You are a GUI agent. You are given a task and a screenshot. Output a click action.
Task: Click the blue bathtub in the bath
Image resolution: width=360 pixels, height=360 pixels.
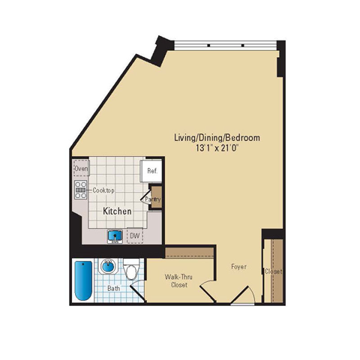(x=83, y=280)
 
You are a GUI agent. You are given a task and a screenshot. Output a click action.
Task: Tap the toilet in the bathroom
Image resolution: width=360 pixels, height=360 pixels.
(x=131, y=269)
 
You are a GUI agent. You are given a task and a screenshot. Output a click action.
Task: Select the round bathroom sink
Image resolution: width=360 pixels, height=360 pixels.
(x=108, y=266)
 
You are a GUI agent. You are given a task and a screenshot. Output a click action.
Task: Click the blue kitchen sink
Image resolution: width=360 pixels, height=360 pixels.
(x=115, y=236)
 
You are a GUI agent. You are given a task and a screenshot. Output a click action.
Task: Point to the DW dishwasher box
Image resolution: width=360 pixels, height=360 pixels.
(x=135, y=235)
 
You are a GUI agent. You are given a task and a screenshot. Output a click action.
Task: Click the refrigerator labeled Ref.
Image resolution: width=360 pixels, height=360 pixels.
(x=151, y=171)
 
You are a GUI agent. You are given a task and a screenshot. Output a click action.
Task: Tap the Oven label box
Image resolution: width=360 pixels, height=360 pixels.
(x=81, y=168)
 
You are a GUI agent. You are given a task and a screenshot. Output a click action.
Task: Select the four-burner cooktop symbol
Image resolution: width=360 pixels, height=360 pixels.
(x=80, y=190)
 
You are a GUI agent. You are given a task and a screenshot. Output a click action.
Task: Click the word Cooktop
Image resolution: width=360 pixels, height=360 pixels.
(x=103, y=190)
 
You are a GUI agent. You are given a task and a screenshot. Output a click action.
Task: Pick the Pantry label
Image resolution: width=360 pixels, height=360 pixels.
(x=153, y=199)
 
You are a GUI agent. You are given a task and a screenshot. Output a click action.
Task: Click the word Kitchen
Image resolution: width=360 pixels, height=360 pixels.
(x=117, y=211)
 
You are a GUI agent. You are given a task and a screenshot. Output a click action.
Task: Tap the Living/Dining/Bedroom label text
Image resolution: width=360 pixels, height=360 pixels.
(x=217, y=137)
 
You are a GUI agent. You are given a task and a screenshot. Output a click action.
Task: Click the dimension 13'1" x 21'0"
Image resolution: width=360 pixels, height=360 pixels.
(x=216, y=148)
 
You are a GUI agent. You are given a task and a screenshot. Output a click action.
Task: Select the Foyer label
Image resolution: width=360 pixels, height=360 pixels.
(x=238, y=267)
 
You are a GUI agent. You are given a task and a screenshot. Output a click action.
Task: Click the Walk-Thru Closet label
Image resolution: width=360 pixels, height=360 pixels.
(x=178, y=280)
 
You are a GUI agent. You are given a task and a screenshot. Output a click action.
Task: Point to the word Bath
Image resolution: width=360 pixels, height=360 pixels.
(x=114, y=288)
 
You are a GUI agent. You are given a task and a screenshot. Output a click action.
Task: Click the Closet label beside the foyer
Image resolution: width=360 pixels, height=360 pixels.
(x=274, y=271)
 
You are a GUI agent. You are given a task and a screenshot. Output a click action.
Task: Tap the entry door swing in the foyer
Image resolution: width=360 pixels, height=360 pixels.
(x=242, y=295)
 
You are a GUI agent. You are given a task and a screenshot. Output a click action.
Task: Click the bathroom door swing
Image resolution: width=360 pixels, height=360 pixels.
(x=138, y=290)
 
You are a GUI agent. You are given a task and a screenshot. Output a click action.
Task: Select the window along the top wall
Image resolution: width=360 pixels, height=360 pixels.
(x=226, y=46)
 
